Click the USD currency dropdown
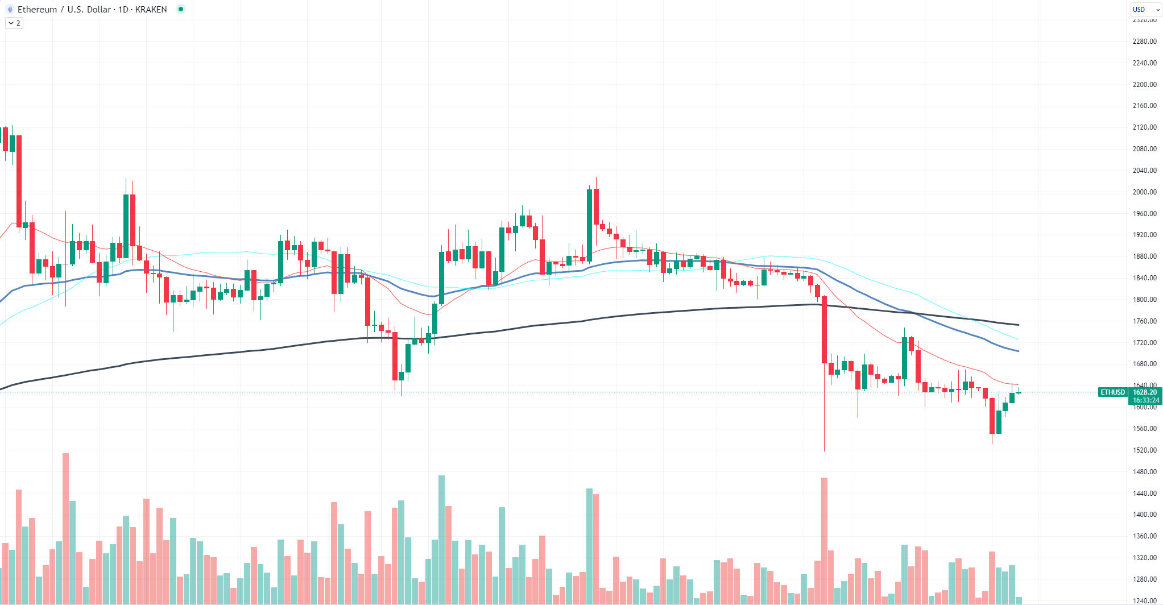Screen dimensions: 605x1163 click(1145, 10)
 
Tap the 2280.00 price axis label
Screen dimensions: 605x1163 click(1144, 42)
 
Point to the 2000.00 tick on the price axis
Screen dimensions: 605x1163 click(1144, 192)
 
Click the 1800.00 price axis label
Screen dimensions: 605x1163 click(1144, 300)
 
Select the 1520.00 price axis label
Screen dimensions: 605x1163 click(1144, 450)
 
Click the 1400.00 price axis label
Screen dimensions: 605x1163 click(1144, 515)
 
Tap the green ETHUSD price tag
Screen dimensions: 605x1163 click(1112, 392)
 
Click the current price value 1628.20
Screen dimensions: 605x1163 click(1144, 392)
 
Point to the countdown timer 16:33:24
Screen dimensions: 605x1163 click(1144, 400)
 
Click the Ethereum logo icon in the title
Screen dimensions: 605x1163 click(10, 10)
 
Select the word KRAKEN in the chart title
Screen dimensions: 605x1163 click(151, 10)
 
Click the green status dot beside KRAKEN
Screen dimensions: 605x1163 click(181, 9)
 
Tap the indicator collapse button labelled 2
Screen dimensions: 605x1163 click(14, 23)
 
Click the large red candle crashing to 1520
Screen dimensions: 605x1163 click(824, 330)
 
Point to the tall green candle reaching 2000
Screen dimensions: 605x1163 click(590, 225)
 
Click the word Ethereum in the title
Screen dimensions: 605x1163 click(37, 10)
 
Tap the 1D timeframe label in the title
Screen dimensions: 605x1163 click(123, 10)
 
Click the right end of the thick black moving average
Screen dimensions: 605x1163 click(1018, 325)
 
